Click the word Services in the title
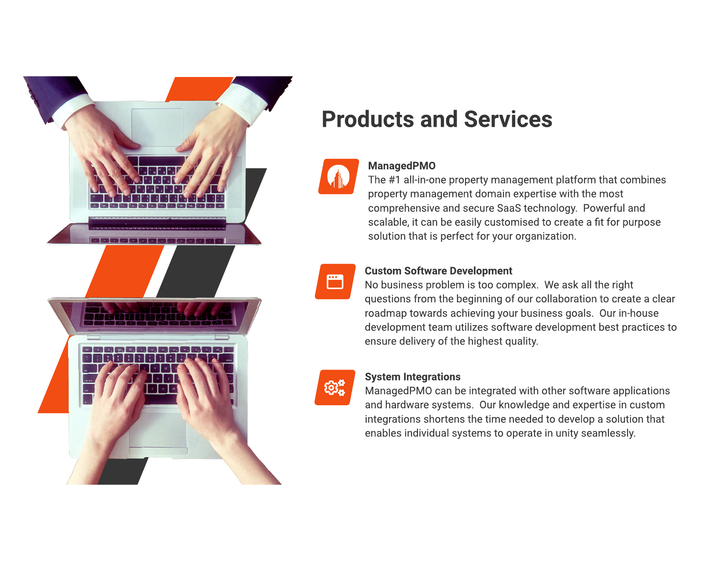pyautogui.click(x=508, y=120)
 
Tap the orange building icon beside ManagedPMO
pyautogui.click(x=338, y=176)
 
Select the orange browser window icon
pyautogui.click(x=335, y=282)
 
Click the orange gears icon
pyautogui.click(x=334, y=387)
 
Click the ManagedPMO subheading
pyautogui.click(x=401, y=166)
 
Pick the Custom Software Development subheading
pyautogui.click(x=438, y=271)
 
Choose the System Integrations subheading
pyautogui.click(x=412, y=377)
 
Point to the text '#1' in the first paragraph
pyautogui.click(x=395, y=180)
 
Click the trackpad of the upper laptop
pyautogui.click(x=157, y=127)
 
